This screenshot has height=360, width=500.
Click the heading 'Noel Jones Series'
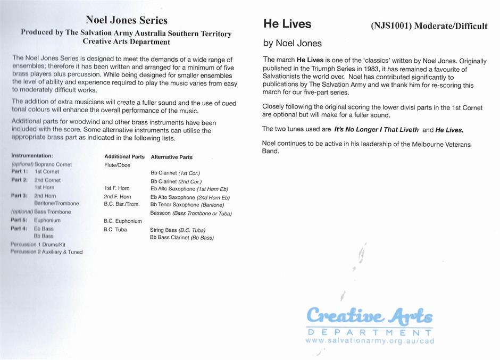pos(127,21)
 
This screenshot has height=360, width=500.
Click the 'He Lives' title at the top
pos(287,24)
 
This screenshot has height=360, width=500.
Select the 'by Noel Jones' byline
pos(293,43)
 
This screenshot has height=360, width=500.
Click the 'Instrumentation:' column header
pos(32,156)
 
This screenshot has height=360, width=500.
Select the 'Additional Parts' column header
pos(124,157)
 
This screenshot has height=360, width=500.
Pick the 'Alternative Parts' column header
pos(172,157)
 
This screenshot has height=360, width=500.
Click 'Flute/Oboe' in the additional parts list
pos(117,165)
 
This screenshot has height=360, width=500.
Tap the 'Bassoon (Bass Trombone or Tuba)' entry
pos(191,213)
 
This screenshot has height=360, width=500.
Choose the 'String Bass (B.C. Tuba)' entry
pos(178,230)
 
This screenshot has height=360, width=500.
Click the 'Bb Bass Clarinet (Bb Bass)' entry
pos(182,238)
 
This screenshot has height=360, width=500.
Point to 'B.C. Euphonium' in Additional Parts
pos(123,221)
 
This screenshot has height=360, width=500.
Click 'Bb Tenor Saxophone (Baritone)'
pos(187,205)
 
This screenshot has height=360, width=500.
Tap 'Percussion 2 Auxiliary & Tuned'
pos(47,252)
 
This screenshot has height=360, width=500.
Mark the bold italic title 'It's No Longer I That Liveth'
pos(376,130)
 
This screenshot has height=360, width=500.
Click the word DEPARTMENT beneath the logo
pos(369,332)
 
